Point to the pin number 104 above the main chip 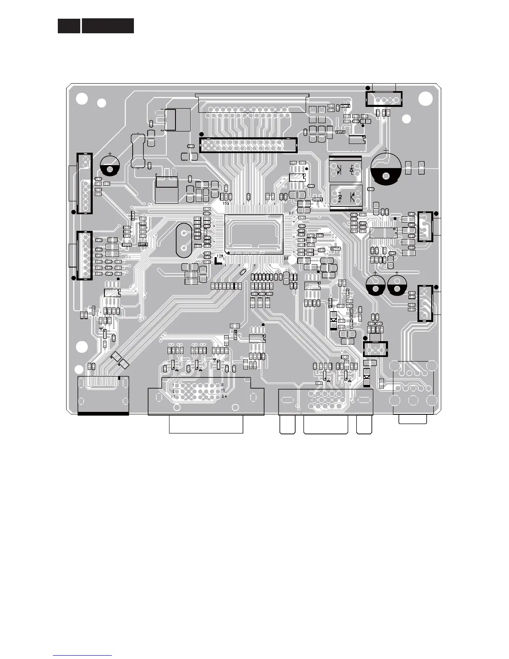click(226, 203)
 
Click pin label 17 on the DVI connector click(173, 396)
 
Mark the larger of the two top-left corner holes click(82, 99)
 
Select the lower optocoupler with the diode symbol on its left click(345, 195)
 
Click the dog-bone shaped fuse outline click(137, 150)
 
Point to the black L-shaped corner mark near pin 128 click(217, 261)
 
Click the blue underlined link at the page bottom click(82, 656)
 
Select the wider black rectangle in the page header click(108, 26)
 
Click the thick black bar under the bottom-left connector click(103, 414)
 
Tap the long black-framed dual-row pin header click(248, 145)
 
